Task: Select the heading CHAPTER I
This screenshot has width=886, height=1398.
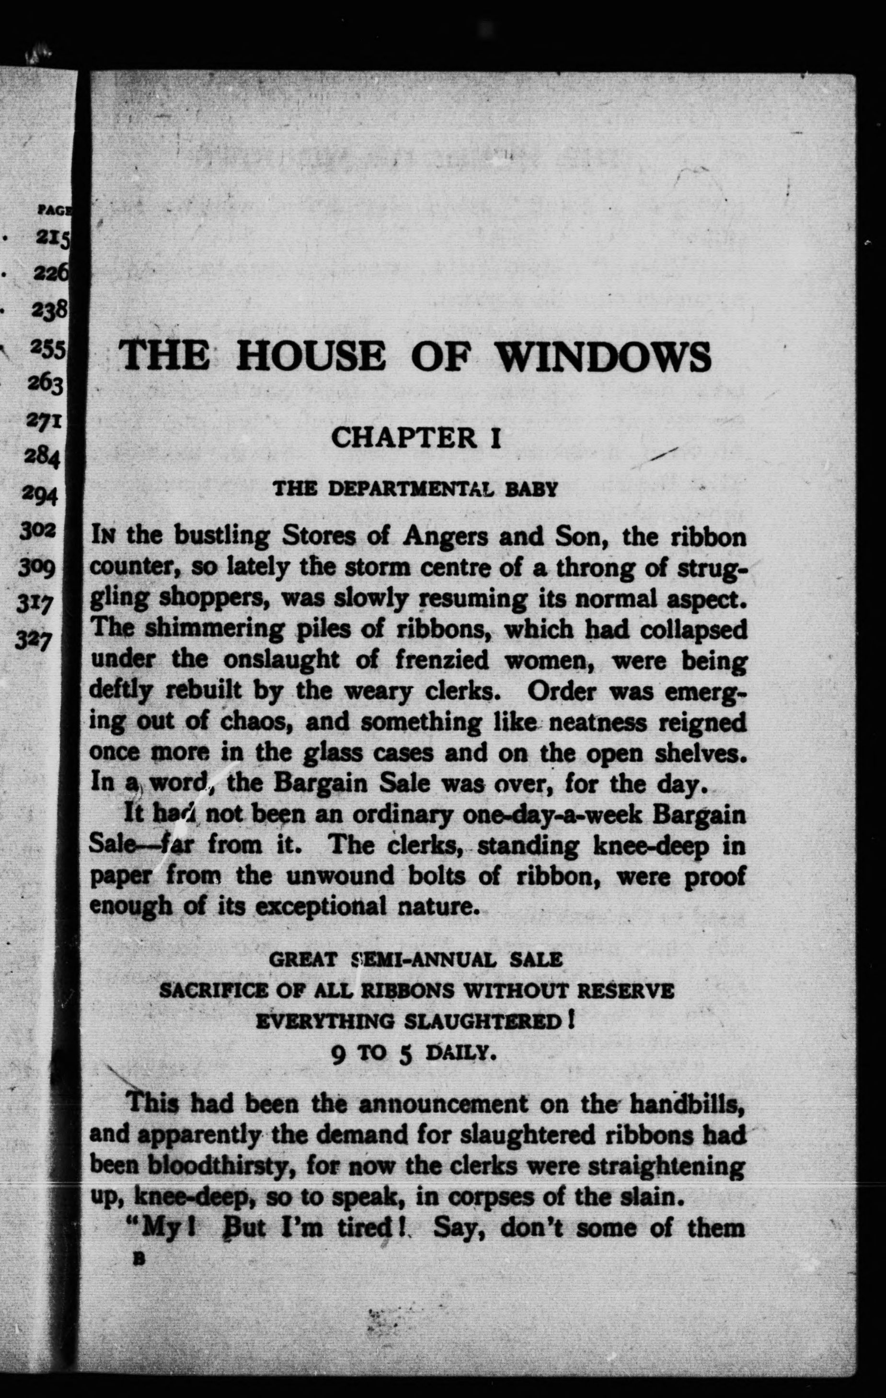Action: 416,438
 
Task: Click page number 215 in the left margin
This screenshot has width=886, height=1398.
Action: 52,239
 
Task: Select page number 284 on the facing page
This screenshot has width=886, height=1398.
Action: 42,458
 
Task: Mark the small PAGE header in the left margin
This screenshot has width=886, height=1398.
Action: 53,210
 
